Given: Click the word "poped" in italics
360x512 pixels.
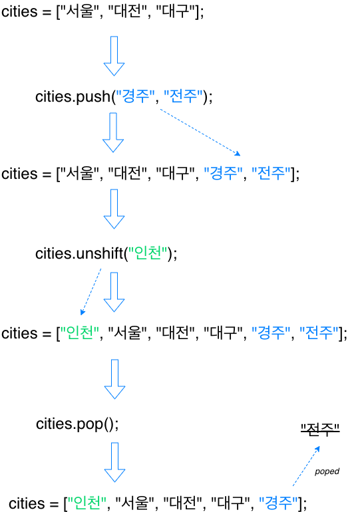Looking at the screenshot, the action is pyautogui.click(x=327, y=471).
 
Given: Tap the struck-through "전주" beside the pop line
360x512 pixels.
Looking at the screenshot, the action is pyautogui.click(x=320, y=429).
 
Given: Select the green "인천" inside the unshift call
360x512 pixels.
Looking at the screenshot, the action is pyautogui.click(x=148, y=253).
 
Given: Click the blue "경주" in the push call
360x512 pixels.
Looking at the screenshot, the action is pyautogui.click(x=135, y=96).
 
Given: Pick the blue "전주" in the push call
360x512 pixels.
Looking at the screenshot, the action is pyautogui.click(x=183, y=96).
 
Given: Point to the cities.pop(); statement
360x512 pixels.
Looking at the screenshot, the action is pyautogui.click(x=77, y=424).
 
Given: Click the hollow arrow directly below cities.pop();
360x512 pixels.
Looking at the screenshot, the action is pyautogui.click(x=114, y=462).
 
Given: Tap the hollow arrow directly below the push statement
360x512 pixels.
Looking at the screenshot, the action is pyautogui.click(x=113, y=132).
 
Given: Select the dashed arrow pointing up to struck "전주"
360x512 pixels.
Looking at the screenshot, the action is pyautogui.click(x=306, y=466).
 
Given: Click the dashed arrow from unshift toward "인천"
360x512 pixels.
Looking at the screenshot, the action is pyautogui.click(x=90, y=292).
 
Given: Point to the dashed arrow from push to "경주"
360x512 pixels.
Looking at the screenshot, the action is pyautogui.click(x=200, y=132).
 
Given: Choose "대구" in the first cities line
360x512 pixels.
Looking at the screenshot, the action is pyautogui.click(x=176, y=11).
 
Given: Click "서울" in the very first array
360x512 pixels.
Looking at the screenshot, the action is pyautogui.click(x=80, y=11).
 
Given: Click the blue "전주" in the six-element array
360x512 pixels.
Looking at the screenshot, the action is pyautogui.click(x=319, y=333).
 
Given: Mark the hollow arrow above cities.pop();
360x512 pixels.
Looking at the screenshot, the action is pyautogui.click(x=114, y=379).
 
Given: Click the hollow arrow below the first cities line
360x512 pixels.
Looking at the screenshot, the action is pyautogui.click(x=114, y=56).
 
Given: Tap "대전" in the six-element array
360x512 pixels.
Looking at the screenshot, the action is pyautogui.click(x=176, y=333).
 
